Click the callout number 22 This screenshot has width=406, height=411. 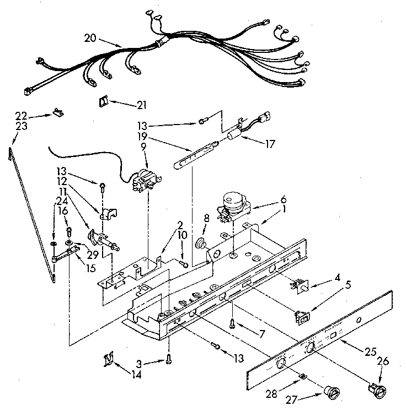click(20, 115)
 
